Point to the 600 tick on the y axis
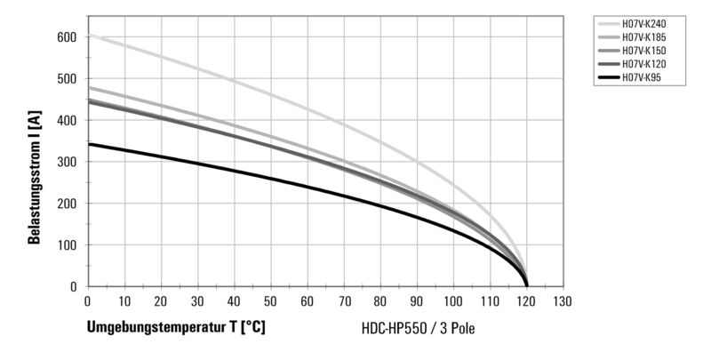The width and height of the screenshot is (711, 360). point(68,37)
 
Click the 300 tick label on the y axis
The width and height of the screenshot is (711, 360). point(68,162)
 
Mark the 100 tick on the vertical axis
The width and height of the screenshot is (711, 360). point(68,245)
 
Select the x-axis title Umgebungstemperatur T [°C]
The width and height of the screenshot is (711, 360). point(176,327)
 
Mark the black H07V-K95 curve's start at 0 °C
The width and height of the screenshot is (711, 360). point(88,144)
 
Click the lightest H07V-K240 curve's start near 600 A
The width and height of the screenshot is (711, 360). point(88,36)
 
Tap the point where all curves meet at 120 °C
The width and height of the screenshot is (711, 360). point(527,284)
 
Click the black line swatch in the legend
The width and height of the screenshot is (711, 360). point(605,78)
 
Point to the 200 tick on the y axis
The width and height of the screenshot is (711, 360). point(68,204)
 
